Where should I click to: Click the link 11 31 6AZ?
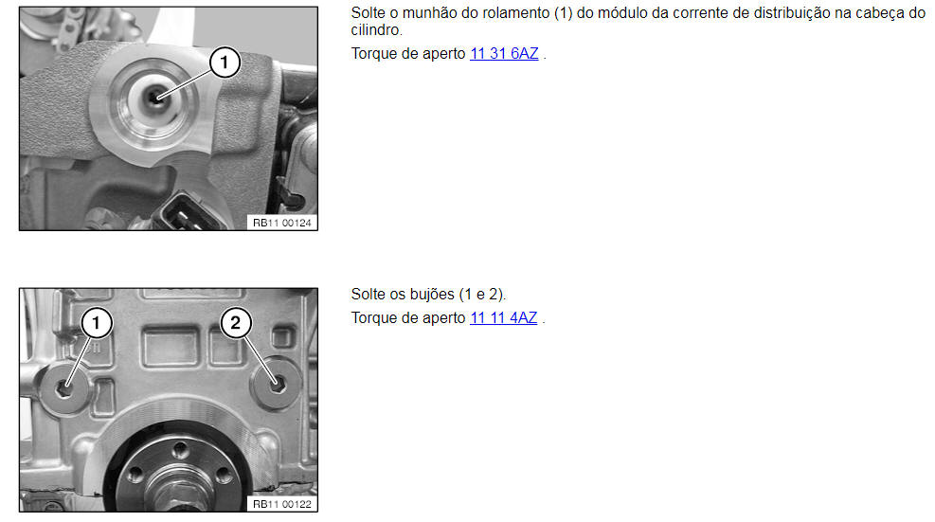pyautogui.click(x=504, y=54)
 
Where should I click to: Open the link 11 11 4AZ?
pyautogui.click(x=503, y=318)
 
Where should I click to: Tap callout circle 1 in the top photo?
pyautogui.click(x=225, y=63)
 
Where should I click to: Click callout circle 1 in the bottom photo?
pyautogui.click(x=96, y=323)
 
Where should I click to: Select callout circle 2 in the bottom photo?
pyautogui.click(x=236, y=323)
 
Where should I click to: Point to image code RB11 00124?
pyautogui.click(x=282, y=224)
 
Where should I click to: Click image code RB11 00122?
pyautogui.click(x=282, y=505)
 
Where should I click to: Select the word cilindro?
pyautogui.click(x=376, y=29)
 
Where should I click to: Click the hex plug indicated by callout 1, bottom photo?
pyautogui.click(x=63, y=389)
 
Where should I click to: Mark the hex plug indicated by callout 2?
pyautogui.click(x=278, y=385)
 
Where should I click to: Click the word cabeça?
pyautogui.click(x=882, y=13)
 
